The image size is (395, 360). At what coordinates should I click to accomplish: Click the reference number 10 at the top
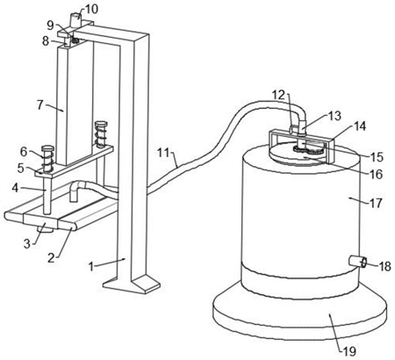coord(90,9)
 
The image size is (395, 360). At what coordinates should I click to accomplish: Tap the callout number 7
coord(40,104)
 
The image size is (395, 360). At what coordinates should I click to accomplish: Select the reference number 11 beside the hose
coord(165,153)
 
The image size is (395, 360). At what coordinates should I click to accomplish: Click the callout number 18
coord(384,267)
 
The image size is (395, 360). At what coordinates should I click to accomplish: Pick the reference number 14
coord(360,126)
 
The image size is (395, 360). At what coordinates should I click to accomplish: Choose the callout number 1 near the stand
coord(91,267)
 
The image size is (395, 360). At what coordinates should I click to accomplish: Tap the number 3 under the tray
coord(27,243)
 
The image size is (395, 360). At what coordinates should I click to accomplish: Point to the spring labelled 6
coord(47,159)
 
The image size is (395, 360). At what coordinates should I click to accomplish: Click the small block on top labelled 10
coord(75,20)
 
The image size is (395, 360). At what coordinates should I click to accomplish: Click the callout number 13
coord(335,116)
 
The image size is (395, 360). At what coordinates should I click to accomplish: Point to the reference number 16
coord(377,175)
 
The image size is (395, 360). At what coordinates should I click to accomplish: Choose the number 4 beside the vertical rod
coord(15,188)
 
